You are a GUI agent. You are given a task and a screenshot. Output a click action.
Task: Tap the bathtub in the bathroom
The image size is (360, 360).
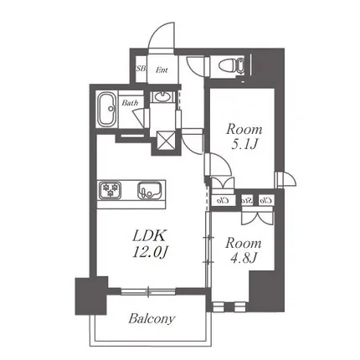106,110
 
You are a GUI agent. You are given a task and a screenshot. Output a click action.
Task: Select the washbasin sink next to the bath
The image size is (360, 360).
162,96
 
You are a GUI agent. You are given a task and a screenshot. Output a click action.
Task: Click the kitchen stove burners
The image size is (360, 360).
109,190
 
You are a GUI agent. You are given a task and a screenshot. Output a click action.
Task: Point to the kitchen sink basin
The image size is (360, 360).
149,190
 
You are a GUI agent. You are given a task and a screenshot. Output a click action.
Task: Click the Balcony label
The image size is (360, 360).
152,318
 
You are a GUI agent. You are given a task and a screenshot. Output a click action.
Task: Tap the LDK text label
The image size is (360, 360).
149,236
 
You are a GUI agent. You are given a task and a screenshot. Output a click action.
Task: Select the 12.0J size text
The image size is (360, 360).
149,253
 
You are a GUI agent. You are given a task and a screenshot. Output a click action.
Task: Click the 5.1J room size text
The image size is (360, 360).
244,144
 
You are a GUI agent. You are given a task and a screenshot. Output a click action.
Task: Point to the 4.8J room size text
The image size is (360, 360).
243,258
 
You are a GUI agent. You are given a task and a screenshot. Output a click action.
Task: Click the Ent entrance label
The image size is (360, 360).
162,69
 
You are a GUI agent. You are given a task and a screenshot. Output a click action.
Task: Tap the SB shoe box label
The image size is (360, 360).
141,69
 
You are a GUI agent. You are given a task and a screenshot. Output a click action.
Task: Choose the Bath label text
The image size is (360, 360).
130,103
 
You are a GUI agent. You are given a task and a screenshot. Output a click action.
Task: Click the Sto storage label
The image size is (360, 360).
247,200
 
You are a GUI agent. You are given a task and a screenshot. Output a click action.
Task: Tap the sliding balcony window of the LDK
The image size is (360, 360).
148,292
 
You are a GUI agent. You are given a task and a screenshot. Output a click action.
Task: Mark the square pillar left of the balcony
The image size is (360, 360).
91,296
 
